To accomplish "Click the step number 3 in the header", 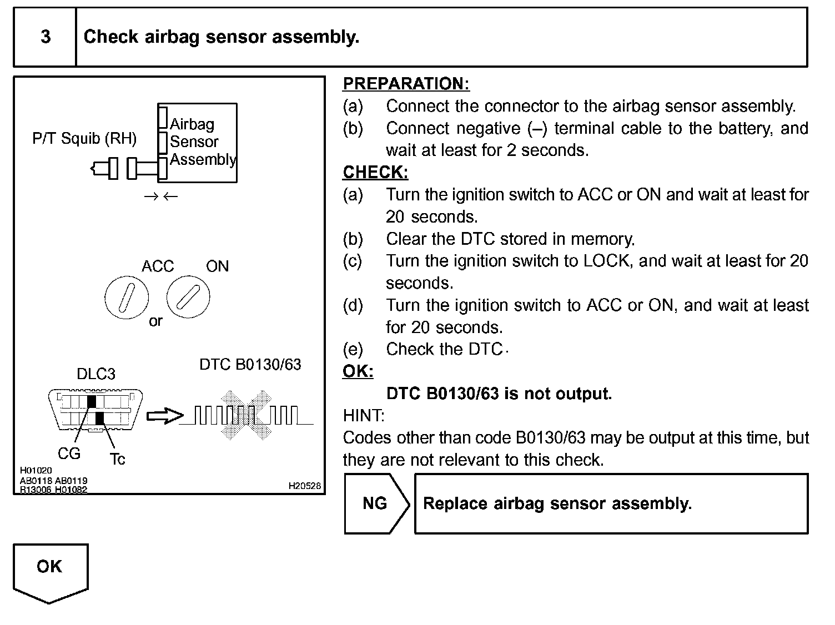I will pyautogui.click(x=46, y=37).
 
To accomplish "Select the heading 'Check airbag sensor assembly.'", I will pyautogui.click(x=222, y=37).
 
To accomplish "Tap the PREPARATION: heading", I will pyautogui.click(x=406, y=84).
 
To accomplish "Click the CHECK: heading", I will pyautogui.click(x=375, y=173).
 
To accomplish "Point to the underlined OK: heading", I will pyautogui.click(x=358, y=371).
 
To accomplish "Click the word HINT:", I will pyautogui.click(x=364, y=416).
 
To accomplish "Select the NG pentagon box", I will pyautogui.click(x=375, y=503).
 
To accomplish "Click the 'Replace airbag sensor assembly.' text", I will pyautogui.click(x=557, y=503).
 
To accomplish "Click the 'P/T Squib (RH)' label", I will pyautogui.click(x=84, y=138).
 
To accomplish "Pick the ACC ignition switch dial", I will pyautogui.click(x=127, y=298).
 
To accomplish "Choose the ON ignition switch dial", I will pyautogui.click(x=189, y=298).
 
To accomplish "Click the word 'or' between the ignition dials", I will pyautogui.click(x=155, y=321).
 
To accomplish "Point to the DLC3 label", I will pyautogui.click(x=96, y=374).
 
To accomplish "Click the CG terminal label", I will pyautogui.click(x=69, y=454).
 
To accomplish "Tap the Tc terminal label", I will pyautogui.click(x=117, y=459).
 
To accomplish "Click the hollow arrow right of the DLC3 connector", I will pyautogui.click(x=165, y=416).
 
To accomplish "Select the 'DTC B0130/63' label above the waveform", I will pyautogui.click(x=250, y=365).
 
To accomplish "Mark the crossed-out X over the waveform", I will pyautogui.click(x=245, y=415).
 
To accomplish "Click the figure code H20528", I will pyautogui.click(x=304, y=486).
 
